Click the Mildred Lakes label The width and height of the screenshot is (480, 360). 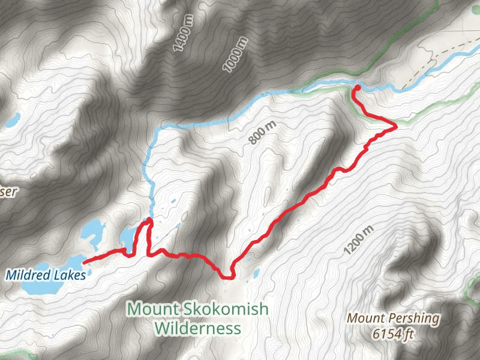pyautogui.click(x=46, y=275)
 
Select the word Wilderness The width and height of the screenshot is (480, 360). pyautogui.click(x=197, y=328)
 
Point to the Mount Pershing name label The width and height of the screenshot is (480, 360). pyautogui.click(x=394, y=318)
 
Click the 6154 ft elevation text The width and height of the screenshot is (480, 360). pyautogui.click(x=393, y=334)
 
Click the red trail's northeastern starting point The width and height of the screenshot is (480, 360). pyautogui.click(x=356, y=88)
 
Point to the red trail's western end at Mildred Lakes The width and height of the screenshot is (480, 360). pyautogui.click(x=85, y=262)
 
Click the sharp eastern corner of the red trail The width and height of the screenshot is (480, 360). pyautogui.click(x=395, y=127)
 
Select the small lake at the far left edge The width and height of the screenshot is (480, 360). pyautogui.click(x=11, y=121)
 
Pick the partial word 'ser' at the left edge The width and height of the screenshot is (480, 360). pyautogui.click(x=8, y=192)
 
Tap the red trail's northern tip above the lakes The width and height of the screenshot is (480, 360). pyautogui.click(x=148, y=221)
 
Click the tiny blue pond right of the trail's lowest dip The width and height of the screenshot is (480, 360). pyautogui.click(x=256, y=274)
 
